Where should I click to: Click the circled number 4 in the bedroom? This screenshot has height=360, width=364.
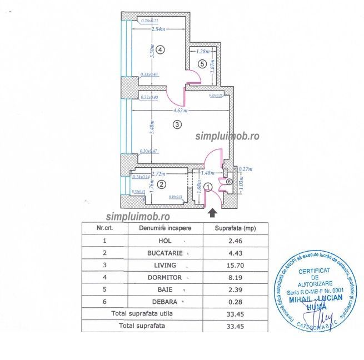tap(160, 49)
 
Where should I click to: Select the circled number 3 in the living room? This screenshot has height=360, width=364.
tap(177, 124)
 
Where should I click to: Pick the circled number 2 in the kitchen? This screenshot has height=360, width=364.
tap(161, 184)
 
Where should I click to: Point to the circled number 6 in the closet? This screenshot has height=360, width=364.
tap(229, 181)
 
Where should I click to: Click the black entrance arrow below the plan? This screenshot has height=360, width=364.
tap(212, 212)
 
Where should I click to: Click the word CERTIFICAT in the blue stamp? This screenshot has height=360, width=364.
tap(315, 271)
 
